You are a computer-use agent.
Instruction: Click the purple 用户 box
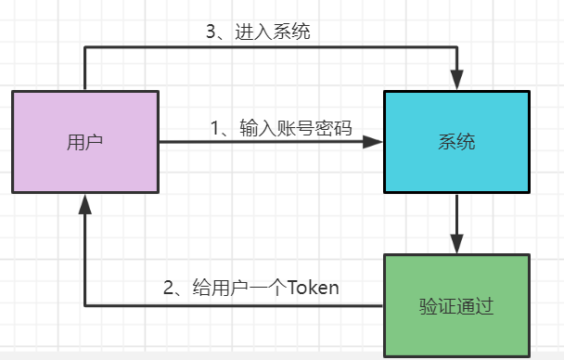(x=85, y=142)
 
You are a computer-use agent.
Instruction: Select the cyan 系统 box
(x=456, y=142)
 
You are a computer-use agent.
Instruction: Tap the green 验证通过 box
(x=456, y=304)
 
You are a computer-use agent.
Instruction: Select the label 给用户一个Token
(x=250, y=287)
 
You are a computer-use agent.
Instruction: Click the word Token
(x=313, y=287)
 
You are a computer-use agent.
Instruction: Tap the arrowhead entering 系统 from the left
(x=374, y=142)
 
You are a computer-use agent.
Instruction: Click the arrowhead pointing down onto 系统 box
(x=456, y=81)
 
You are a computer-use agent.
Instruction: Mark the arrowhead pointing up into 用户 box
(x=85, y=202)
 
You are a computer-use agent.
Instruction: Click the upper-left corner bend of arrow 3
(x=85, y=48)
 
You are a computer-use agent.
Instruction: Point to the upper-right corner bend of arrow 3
(x=456, y=48)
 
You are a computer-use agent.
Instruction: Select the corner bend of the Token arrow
(x=85, y=304)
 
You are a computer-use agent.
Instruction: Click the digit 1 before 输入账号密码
(x=215, y=128)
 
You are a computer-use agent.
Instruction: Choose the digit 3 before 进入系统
(x=211, y=31)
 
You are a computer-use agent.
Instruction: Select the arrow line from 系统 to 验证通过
(x=456, y=218)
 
